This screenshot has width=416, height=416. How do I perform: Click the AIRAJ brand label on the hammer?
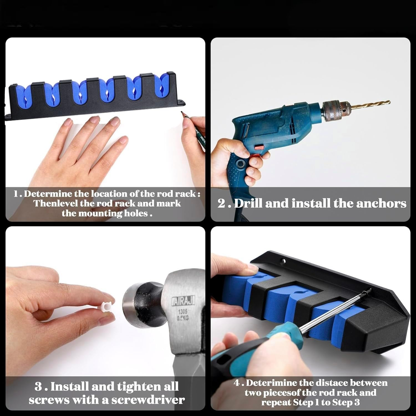[183, 300]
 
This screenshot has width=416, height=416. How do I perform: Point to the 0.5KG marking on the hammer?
[183, 318]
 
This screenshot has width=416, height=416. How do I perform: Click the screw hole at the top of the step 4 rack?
[283, 261]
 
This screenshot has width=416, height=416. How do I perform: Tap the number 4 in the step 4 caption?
[237, 383]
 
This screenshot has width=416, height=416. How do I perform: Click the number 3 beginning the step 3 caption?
[38, 387]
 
